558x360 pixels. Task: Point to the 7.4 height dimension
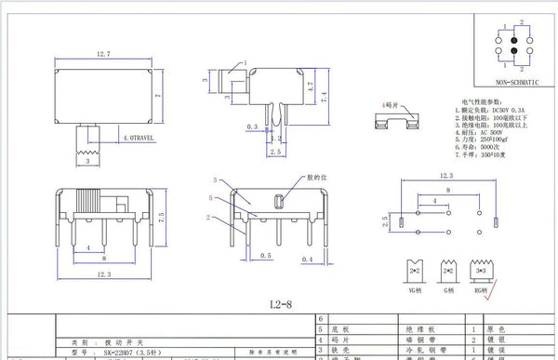(x=320, y=97)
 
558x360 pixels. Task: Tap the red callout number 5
(x=212, y=199)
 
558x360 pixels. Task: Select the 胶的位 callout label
(x=320, y=177)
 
